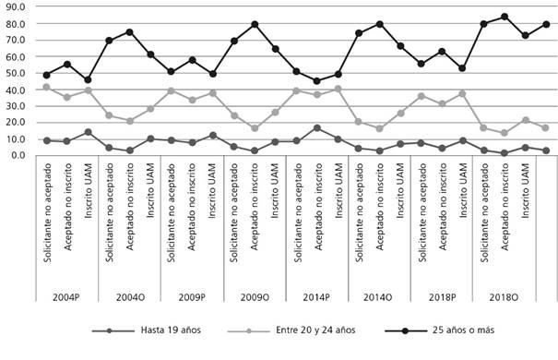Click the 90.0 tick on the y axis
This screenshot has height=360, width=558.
(17, 6)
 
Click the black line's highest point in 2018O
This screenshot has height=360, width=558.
(504, 17)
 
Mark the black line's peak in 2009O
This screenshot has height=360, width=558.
(255, 24)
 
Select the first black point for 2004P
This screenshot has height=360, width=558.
(46, 75)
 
